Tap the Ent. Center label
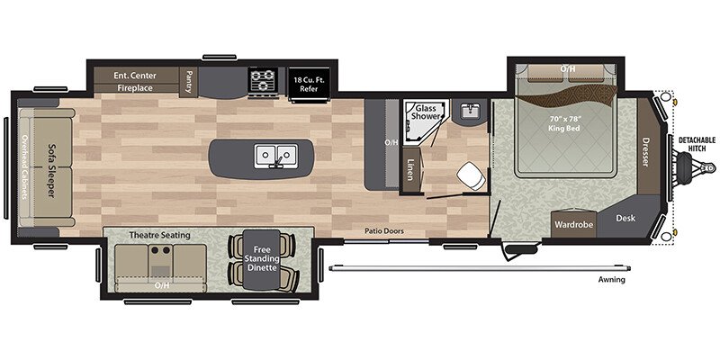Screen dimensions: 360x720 (x=133, y=75)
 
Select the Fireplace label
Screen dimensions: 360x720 (x=133, y=88)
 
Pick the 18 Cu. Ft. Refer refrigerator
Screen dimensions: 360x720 (x=310, y=81)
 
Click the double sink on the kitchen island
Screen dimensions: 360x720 (x=275, y=156)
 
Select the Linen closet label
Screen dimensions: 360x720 (x=410, y=169)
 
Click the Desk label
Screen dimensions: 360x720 (x=625, y=217)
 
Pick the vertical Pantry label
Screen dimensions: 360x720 (x=190, y=82)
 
